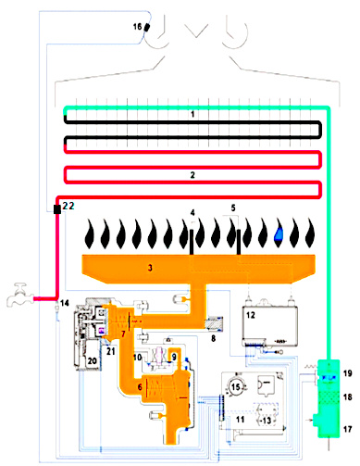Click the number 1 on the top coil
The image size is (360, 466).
point(191,113)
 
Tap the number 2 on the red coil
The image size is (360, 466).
point(191,174)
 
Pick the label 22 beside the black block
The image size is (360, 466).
point(69,206)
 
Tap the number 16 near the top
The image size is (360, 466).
point(139,29)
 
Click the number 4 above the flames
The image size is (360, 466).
point(192,213)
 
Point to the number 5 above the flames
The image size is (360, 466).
point(234,209)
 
